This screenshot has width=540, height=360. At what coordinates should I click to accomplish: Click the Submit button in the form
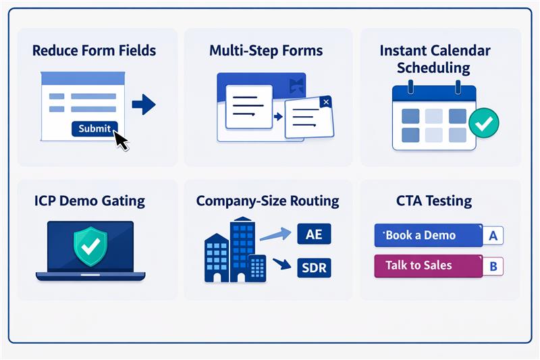tap(94, 128)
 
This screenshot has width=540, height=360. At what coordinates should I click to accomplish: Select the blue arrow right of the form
tap(144, 104)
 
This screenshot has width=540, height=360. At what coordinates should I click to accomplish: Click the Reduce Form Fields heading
tap(94, 51)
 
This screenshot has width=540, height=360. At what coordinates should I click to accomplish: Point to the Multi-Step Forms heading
tap(266, 51)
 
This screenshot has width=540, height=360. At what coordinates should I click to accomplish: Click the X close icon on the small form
tap(326, 102)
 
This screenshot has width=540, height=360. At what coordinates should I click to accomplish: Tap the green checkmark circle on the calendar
tap(483, 124)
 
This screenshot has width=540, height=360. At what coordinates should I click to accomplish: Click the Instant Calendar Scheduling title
tap(435, 59)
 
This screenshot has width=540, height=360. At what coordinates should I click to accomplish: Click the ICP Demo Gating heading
tap(89, 201)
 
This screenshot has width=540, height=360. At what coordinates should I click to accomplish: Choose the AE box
tap(314, 234)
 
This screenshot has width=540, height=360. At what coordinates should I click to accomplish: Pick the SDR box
tap(314, 268)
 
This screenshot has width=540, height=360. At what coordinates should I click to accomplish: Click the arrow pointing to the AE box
tap(273, 235)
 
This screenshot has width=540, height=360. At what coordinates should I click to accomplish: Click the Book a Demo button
tap(428, 236)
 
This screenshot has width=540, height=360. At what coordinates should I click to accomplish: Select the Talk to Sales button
tap(428, 265)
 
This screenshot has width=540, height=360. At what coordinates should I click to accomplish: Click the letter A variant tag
tap(493, 236)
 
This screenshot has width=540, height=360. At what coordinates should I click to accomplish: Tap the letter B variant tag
tap(493, 266)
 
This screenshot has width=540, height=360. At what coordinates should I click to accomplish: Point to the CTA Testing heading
tap(435, 201)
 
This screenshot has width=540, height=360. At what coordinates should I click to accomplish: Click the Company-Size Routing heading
tap(267, 201)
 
